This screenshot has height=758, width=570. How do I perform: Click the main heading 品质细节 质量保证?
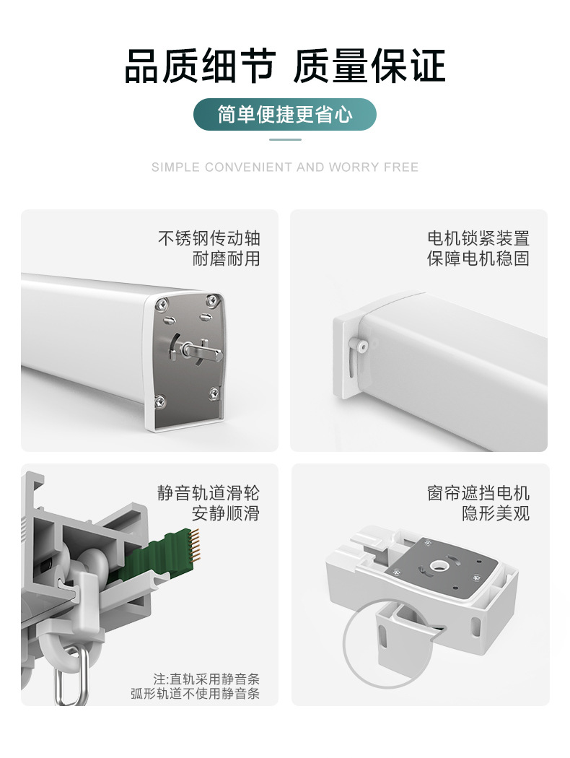pos(285,66)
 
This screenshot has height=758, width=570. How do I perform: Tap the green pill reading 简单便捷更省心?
pos(285,115)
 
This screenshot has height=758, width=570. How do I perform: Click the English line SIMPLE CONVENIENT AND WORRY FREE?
pos(285,167)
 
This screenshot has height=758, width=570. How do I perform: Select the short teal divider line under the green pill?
pos(285,140)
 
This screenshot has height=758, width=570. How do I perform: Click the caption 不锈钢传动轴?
pos(209,238)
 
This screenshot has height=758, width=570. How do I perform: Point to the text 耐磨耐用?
pos(227,258)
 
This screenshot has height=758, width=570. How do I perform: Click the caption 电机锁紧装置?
pos(478,238)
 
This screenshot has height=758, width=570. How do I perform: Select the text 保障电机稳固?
pos(478,258)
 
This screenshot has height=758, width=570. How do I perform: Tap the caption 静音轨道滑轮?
pos(209,492)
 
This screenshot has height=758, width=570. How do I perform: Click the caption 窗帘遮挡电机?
pos(478,492)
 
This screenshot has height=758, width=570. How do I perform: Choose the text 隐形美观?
pos(496,513)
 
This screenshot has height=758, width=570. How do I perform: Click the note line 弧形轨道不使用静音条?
pos(195,694)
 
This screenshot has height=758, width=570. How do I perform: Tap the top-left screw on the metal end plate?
pos(162,304)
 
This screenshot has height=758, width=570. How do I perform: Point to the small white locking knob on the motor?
pos(361,344)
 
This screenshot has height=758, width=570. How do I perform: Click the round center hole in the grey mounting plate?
pos(438,564)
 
